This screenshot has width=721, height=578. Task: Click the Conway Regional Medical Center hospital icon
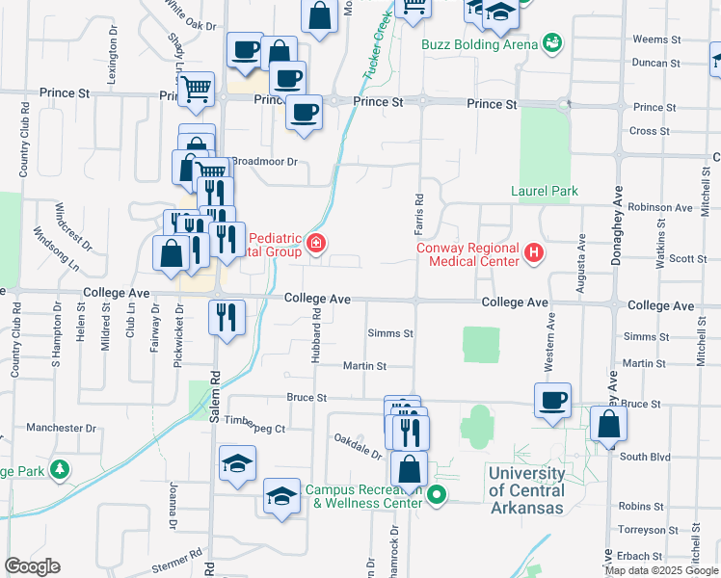(535, 254)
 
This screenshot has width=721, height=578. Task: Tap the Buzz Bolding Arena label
(477, 43)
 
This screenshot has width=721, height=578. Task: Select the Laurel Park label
(545, 191)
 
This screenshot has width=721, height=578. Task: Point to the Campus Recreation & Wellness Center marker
(437, 496)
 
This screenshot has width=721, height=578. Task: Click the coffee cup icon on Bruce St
(553, 400)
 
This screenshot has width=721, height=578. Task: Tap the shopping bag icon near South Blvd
(608, 424)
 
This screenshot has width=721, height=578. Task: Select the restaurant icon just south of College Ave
(227, 317)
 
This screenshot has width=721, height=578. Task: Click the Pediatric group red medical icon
(316, 244)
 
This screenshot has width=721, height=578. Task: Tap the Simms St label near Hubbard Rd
(389, 333)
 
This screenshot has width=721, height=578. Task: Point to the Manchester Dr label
(62, 427)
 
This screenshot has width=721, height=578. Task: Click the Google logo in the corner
(32, 566)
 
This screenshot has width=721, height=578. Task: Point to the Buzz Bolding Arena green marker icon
(552, 42)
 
